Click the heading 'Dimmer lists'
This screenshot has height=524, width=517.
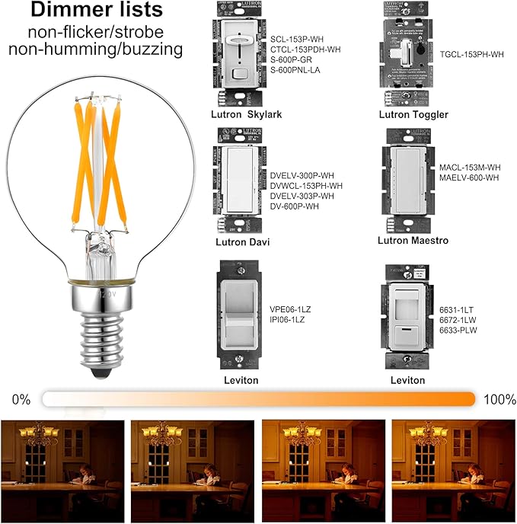[97, 11]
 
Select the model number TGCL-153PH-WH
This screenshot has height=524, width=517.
[471, 54]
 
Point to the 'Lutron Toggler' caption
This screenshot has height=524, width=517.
[413, 114]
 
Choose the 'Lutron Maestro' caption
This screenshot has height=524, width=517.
[413, 240]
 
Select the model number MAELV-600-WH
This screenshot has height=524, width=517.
[469, 177]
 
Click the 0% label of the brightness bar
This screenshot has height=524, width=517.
[22, 399]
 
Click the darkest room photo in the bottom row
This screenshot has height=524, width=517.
[63, 469]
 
